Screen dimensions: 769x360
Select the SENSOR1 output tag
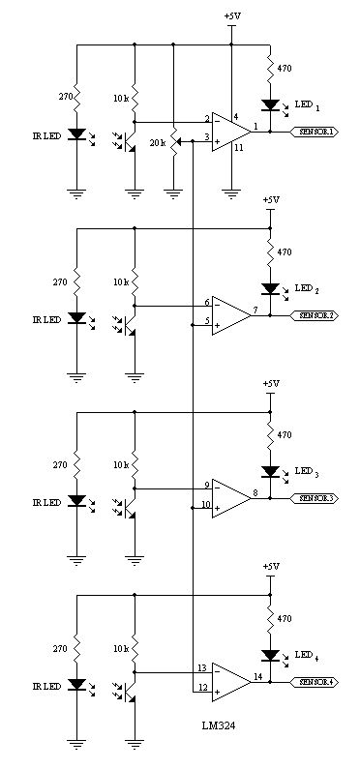tap(315, 133)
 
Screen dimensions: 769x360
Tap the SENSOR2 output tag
tap(315, 315)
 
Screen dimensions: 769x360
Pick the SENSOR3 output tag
tap(315, 498)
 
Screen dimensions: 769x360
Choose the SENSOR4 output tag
tap(315, 682)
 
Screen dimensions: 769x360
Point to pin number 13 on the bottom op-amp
tap(202, 666)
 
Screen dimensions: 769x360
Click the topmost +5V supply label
tap(232, 16)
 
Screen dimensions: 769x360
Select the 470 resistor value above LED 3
tap(284, 435)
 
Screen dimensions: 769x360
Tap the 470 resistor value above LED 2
tap(284, 252)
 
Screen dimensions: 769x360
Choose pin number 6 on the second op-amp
tap(206, 302)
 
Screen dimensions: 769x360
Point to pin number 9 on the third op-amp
tap(206, 485)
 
